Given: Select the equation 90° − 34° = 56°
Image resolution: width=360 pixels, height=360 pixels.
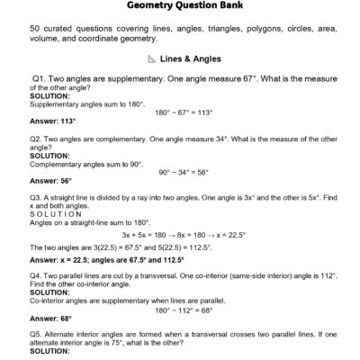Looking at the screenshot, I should [184, 171].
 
